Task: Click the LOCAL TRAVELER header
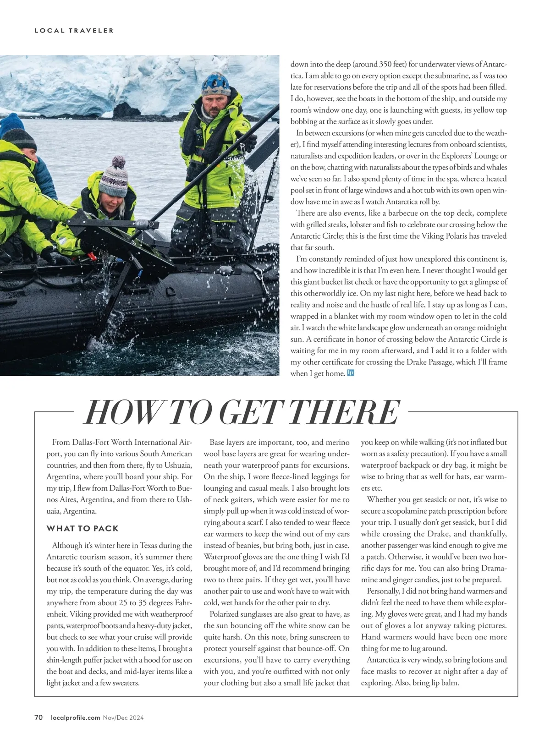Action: click(x=74, y=31)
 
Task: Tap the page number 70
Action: click(x=38, y=717)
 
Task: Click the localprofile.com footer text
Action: click(x=76, y=717)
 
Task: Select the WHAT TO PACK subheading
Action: click(x=82, y=528)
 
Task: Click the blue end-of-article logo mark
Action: click(x=351, y=373)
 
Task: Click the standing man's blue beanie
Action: click(x=216, y=84)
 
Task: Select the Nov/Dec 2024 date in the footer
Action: click(x=123, y=717)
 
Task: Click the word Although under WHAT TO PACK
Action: click(x=69, y=545)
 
